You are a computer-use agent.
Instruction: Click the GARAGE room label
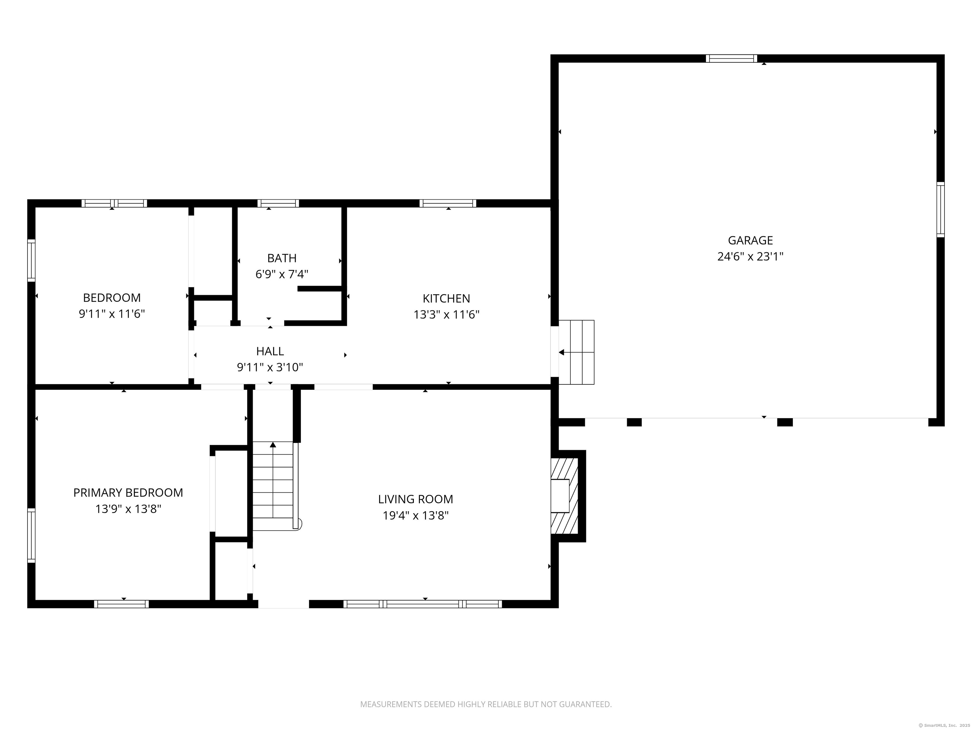pyautogui.click(x=750, y=240)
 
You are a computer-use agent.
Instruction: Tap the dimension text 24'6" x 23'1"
pyautogui.click(x=750, y=257)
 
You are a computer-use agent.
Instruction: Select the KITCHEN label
pyautogui.click(x=446, y=298)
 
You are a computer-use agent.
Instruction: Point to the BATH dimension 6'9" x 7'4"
pyautogui.click(x=282, y=275)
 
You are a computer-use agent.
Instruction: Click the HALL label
pyautogui.click(x=270, y=351)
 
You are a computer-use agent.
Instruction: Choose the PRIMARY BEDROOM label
pyautogui.click(x=128, y=493)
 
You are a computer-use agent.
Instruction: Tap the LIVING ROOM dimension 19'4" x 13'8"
pyautogui.click(x=415, y=515)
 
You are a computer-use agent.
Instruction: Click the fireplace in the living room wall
pyautogui.click(x=565, y=496)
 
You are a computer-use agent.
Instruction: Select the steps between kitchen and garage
pyautogui.click(x=576, y=352)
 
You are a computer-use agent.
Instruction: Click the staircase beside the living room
pyautogui.click(x=273, y=486)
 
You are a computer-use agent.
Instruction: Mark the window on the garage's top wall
pyautogui.click(x=731, y=59)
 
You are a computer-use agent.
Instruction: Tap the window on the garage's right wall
pyautogui.click(x=940, y=209)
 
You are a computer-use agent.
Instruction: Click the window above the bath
pyautogui.click(x=278, y=203)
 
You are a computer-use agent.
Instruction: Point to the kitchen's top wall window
pyautogui.click(x=448, y=203)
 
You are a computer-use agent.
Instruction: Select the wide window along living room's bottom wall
pyautogui.click(x=422, y=604)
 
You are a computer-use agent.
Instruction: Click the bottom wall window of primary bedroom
pyautogui.click(x=121, y=604)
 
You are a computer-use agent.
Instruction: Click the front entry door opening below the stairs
pyautogui.click(x=283, y=605)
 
